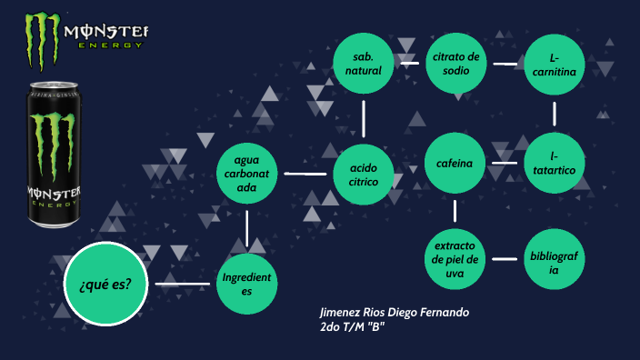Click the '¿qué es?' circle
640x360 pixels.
click(105, 285)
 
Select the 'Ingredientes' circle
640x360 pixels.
click(247, 285)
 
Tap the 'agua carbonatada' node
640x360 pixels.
click(246, 173)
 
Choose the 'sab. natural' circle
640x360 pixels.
click(364, 63)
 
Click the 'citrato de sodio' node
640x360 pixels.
click(455, 63)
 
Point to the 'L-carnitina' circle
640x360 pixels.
click(554, 63)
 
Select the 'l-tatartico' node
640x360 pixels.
click(554, 164)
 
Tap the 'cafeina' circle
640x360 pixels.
click(455, 164)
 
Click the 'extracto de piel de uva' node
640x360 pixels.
click(455, 259)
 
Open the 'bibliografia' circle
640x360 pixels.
click(554, 259)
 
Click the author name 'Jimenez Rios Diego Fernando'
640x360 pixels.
click(395, 313)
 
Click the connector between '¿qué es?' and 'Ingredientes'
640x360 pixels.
click(184, 285)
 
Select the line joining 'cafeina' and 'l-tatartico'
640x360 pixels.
click(505, 164)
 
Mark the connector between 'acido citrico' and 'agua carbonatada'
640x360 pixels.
click(305, 173)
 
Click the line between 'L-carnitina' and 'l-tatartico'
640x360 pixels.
click(554, 114)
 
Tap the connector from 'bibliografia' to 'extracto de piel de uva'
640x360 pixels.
click(505, 259)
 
